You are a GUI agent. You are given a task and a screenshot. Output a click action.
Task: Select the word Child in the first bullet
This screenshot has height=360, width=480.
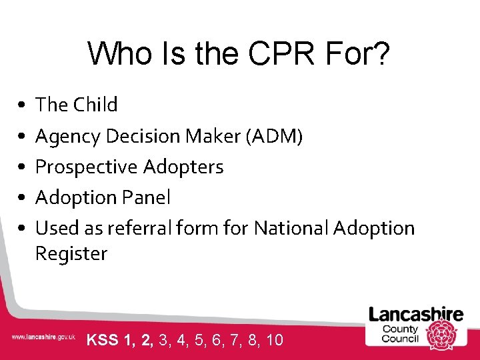click(x=95, y=105)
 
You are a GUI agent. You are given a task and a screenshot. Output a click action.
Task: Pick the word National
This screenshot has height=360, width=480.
click(x=291, y=228)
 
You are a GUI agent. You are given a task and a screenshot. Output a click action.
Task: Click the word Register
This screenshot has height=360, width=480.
click(x=71, y=253)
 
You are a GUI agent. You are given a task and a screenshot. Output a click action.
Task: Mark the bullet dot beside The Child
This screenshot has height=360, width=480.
click(x=22, y=105)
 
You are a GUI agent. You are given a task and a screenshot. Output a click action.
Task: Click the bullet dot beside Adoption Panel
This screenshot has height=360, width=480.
click(x=22, y=198)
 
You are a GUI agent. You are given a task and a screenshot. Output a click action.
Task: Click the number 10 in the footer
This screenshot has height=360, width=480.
click(x=274, y=340)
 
